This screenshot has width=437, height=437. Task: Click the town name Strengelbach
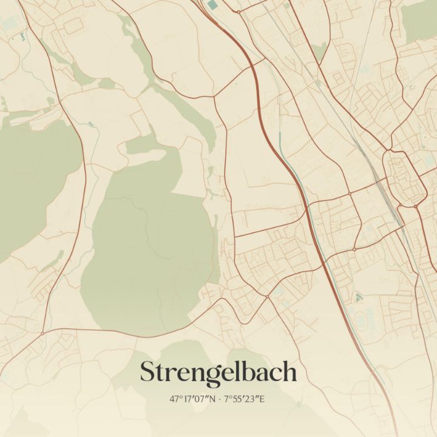pos(218,372)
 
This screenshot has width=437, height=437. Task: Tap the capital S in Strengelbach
pos(148,372)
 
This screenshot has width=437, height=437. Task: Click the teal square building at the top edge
pos(212,4)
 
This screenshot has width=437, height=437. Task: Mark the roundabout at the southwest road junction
pos(42,333)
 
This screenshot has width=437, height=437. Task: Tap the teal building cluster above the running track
pos(358,297)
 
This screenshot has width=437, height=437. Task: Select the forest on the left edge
pos(30,176)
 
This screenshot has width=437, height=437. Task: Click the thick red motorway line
pos(285,164)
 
